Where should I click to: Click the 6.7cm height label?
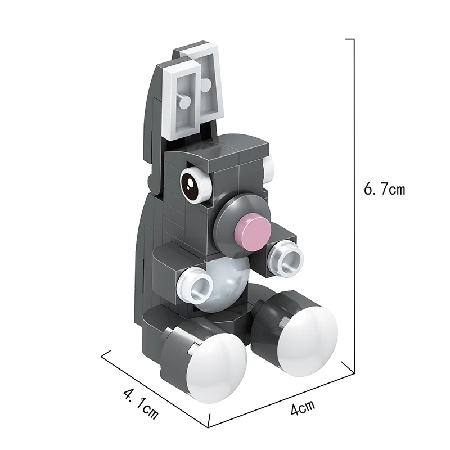click(384, 189)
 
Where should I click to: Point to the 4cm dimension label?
click(303, 406)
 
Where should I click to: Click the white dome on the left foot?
click(217, 368)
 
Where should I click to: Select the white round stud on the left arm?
click(195, 285)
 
